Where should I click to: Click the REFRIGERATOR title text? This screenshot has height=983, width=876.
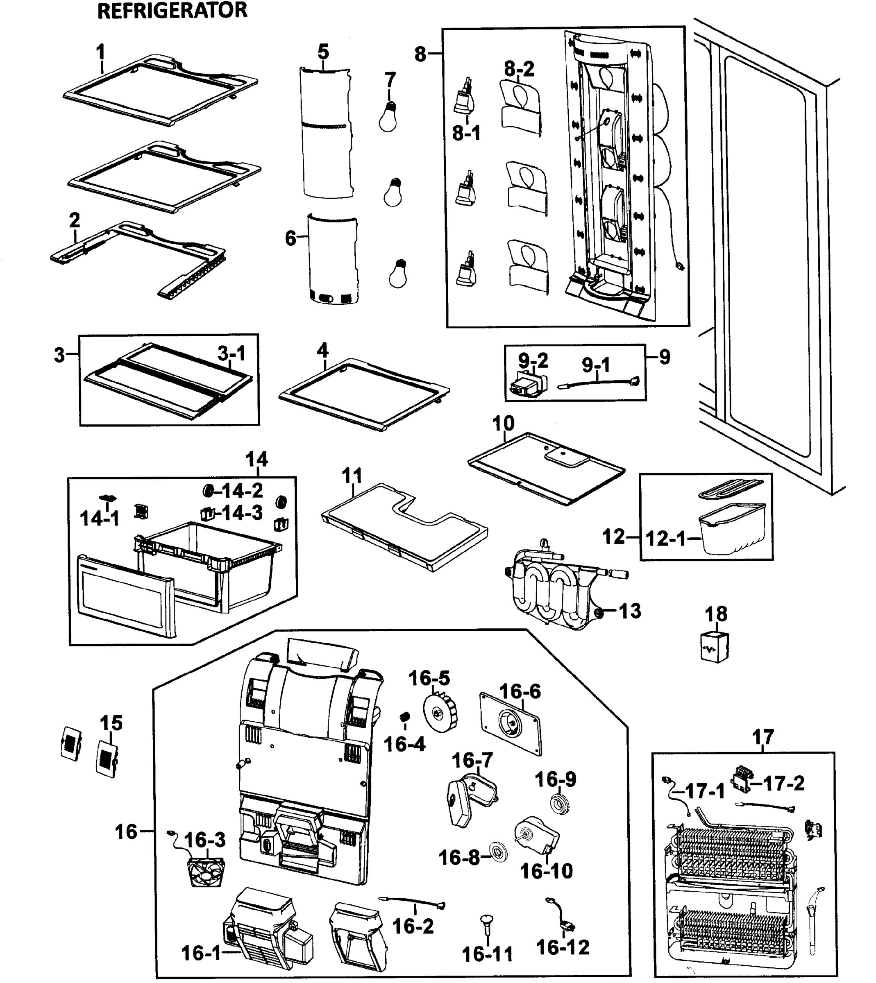coord(172,11)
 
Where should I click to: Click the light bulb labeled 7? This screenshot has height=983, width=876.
coord(388,117)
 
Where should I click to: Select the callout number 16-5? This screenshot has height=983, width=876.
coord(429,678)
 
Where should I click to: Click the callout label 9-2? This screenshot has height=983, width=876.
coord(533,360)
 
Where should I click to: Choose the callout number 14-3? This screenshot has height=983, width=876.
coord(242,513)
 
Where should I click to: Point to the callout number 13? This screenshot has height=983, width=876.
coord(630,612)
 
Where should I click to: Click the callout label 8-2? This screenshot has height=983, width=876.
coord(519,69)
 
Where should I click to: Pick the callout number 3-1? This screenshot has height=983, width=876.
coord(231,353)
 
